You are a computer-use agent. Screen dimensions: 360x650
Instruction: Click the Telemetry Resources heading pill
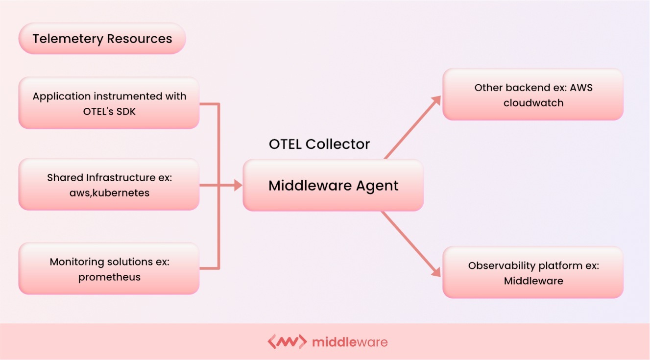(x=102, y=39)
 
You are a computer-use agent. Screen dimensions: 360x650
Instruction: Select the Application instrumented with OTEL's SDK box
(x=109, y=103)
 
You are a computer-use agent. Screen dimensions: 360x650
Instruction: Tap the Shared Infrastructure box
(x=109, y=185)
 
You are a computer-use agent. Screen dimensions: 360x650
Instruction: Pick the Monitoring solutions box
(x=109, y=268)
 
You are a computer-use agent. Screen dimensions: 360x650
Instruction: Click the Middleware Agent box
(x=333, y=186)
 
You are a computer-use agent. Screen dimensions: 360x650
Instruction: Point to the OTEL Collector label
(x=319, y=144)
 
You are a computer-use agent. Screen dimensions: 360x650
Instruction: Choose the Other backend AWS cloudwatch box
(x=533, y=95)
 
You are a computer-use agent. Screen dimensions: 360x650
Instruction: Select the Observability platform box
(x=533, y=273)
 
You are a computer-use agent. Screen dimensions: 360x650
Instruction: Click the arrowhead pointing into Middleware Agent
(x=238, y=185)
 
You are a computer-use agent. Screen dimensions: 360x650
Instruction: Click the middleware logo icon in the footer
(x=287, y=341)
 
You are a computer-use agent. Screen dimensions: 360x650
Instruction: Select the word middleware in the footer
(x=349, y=342)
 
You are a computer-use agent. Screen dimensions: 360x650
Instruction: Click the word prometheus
(x=109, y=277)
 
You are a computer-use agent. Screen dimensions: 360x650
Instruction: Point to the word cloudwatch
(x=533, y=103)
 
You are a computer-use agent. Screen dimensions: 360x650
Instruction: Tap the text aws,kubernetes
(x=109, y=193)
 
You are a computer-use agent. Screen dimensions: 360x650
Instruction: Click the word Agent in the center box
(x=378, y=186)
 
